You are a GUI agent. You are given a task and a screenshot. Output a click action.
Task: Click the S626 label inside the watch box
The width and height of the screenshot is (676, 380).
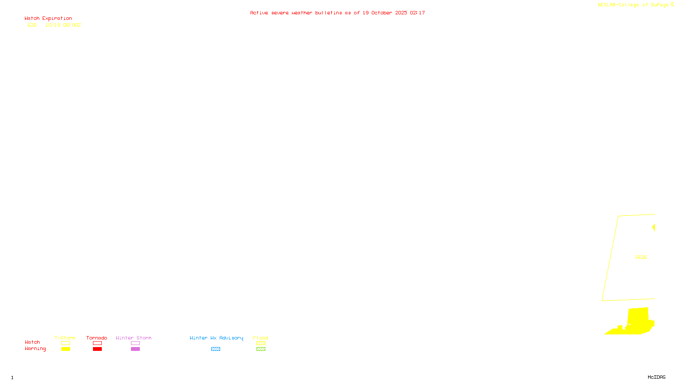tap(641, 257)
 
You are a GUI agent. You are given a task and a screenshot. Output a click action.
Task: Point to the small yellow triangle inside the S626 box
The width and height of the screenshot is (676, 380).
tap(654, 228)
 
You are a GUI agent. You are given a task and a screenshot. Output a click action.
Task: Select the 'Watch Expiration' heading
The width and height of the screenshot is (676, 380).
tap(48, 19)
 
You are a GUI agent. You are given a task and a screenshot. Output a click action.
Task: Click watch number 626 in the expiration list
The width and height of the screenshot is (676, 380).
tap(32, 25)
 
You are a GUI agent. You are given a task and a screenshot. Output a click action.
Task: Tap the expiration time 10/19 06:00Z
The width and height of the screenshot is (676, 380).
tap(63, 25)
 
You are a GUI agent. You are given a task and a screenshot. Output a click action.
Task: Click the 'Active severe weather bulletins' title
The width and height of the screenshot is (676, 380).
tap(337, 13)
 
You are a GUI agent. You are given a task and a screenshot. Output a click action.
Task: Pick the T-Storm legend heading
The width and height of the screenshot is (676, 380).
tap(65, 338)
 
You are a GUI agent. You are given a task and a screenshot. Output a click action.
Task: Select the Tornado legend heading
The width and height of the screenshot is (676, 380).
tap(97, 338)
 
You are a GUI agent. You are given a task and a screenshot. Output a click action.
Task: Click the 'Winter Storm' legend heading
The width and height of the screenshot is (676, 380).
tap(134, 338)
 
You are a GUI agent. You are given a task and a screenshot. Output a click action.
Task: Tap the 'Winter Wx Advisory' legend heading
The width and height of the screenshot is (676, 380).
tap(216, 338)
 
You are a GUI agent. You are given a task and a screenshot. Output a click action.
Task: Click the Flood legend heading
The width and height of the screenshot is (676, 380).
tap(261, 338)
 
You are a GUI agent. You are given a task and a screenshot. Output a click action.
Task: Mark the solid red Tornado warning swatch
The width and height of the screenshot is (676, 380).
tap(98, 349)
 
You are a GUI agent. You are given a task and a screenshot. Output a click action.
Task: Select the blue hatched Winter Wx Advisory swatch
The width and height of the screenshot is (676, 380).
tap(215, 349)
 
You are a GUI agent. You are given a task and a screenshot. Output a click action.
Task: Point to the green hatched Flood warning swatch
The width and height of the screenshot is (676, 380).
tap(261, 349)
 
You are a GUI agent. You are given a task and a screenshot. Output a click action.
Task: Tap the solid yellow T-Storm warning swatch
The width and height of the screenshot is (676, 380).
tap(65, 349)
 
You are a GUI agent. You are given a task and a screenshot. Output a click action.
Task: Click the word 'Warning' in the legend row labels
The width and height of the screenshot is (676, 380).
tap(35, 349)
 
